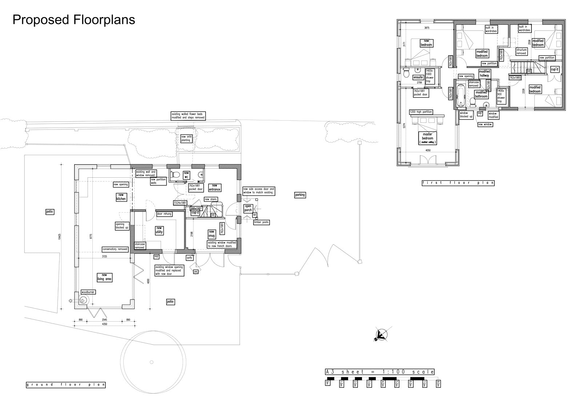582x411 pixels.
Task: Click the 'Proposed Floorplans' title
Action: (x=74, y=20)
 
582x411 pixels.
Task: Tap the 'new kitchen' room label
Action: (x=121, y=197)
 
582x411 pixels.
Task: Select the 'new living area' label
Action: (x=104, y=277)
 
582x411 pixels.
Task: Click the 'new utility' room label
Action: (x=159, y=230)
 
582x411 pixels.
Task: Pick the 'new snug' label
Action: (x=211, y=234)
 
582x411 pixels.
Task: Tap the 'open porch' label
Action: (x=248, y=208)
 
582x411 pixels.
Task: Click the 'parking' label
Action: (x=300, y=195)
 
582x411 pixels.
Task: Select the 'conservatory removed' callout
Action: (x=115, y=249)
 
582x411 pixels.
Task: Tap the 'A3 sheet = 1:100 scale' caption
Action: (x=380, y=372)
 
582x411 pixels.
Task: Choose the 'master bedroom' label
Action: (x=427, y=138)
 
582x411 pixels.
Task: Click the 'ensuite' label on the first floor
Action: (x=418, y=77)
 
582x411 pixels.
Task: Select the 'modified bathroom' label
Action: (x=481, y=94)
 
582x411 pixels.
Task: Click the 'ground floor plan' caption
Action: (x=66, y=384)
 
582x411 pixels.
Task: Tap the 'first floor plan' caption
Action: (x=458, y=183)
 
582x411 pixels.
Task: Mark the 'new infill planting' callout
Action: (x=186, y=138)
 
